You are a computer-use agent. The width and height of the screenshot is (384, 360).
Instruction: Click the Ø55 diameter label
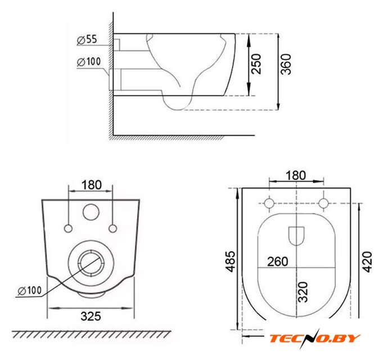coord(87,39)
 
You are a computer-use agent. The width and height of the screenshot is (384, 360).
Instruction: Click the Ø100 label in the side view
coord(89,61)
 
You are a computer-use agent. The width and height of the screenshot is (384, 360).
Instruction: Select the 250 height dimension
coord(256,64)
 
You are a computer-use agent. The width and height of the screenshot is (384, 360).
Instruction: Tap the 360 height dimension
coord(286,64)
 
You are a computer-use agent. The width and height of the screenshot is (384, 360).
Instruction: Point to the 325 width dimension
coord(91,316)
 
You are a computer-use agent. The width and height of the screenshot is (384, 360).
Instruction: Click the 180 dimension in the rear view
coord(92,185)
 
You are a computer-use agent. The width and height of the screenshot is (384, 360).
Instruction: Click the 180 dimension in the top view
coord(296,175)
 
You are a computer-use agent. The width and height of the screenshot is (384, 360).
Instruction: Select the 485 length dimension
coord(230,261)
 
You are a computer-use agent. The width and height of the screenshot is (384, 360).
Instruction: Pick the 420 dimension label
coord(367,262)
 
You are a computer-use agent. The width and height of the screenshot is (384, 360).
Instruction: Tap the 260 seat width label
coord(278,262)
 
